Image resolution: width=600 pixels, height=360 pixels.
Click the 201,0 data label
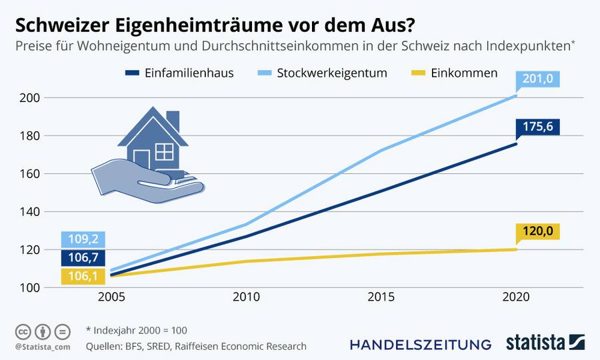(x=537, y=79)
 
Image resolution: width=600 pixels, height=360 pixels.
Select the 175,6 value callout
(x=537, y=127)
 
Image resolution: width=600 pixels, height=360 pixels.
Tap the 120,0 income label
(x=537, y=232)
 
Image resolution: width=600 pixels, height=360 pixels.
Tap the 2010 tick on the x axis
(x=247, y=297)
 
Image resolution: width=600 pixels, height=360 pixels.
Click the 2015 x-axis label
(x=381, y=297)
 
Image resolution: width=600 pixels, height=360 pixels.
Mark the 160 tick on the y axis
(x=34, y=174)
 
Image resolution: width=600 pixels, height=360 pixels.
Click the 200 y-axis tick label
(x=34, y=98)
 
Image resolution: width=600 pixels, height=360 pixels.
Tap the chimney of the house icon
(x=173, y=121)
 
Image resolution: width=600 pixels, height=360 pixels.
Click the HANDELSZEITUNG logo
(x=421, y=344)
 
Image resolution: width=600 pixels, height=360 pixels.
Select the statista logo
(x=544, y=343)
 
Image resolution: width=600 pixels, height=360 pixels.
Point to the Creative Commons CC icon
(x=23, y=331)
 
